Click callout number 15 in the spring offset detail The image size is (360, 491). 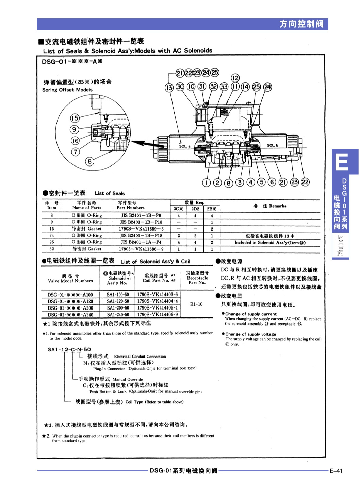tap(75, 118)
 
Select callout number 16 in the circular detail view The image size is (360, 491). tap(75, 141)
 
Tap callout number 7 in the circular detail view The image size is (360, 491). tap(75, 152)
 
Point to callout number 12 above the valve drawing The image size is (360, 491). tap(235, 78)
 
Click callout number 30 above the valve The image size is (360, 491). tap(180, 87)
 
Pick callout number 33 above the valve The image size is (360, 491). tap(224, 87)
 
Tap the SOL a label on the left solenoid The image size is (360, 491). tap(185, 146)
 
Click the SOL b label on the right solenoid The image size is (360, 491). tap(272, 145)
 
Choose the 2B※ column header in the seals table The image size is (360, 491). tap(212, 209)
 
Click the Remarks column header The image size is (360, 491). tap(270, 206)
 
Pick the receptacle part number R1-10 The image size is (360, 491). tap(196, 304)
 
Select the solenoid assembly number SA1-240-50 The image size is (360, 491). tap(118, 315)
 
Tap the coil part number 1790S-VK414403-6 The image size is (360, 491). tap(157, 295)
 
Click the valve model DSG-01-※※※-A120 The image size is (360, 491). tap(70, 301)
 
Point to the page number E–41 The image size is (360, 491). tap(336, 471)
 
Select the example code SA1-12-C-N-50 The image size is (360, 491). tap(69, 349)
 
